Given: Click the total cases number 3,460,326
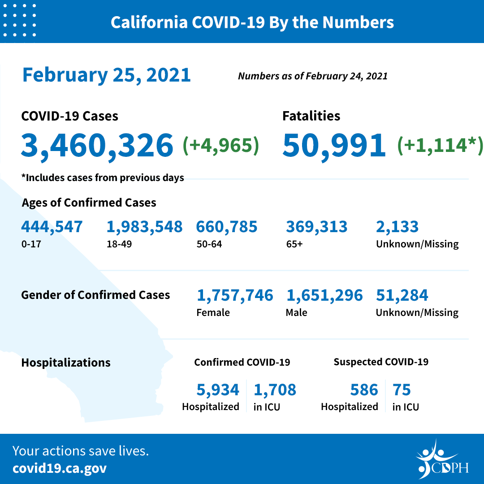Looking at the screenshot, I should tap(97, 146).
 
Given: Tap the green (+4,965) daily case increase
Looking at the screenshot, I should tap(221, 146).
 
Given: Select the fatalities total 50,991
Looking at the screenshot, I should tap(334, 146).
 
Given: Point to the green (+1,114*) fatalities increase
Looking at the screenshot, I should tap(440, 146).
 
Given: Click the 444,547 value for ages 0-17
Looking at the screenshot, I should tap(52, 227).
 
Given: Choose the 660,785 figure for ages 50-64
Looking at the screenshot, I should tap(227, 227).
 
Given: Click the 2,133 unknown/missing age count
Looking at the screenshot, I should tap(398, 227).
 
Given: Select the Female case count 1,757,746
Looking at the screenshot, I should tap(235, 295).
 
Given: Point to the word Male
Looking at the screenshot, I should tap(296, 312).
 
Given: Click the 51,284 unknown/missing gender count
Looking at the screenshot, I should tap(402, 295).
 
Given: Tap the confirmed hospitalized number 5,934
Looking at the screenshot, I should tap(218, 390).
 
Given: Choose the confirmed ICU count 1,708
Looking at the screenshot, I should tap(275, 390).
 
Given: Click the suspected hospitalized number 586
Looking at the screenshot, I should tap(364, 390).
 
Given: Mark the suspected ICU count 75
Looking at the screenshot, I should tap(402, 390).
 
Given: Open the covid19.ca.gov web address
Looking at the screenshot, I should tap(60, 469).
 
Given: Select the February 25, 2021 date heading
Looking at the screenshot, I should tap(107, 75).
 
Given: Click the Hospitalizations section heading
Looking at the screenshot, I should tap(66, 362).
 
